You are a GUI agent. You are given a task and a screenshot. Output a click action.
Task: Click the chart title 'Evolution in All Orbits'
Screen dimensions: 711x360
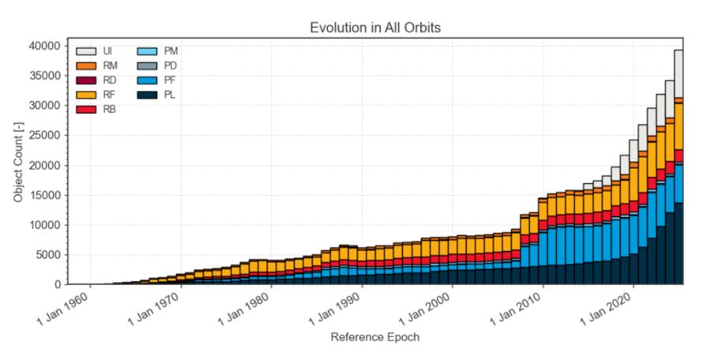tap(375, 28)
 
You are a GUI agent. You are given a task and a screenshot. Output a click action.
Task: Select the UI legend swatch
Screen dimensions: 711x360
tap(85, 51)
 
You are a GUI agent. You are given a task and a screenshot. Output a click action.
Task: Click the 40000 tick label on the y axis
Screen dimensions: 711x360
tap(44, 46)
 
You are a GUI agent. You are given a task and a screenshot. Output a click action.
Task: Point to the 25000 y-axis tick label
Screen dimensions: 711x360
tap(44, 135)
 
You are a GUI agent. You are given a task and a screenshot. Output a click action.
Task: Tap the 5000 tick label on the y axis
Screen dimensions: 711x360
tap(47, 255)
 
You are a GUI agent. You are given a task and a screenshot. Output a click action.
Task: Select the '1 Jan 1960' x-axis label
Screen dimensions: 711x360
tap(67, 309)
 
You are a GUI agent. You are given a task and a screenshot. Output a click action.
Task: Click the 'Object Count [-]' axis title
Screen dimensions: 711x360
tap(18, 162)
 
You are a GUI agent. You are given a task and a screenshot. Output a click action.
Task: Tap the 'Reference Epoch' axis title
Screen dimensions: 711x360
tap(375, 337)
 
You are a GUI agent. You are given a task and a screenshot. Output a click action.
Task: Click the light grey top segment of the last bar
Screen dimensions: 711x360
tap(679, 74)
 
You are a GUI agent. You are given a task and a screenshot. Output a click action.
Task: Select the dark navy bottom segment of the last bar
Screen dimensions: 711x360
tap(679, 243)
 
